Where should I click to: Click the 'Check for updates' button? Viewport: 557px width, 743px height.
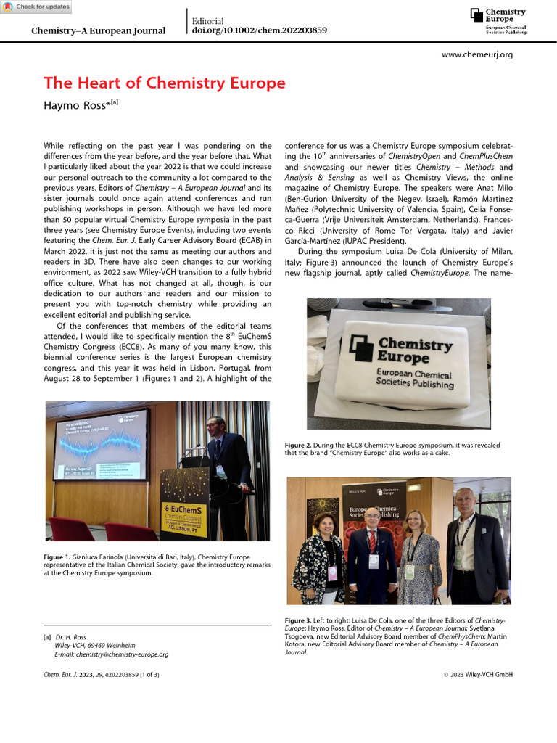(37, 7)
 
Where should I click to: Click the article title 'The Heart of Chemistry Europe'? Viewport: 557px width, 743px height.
(165, 83)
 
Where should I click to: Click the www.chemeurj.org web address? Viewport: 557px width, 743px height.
(476, 54)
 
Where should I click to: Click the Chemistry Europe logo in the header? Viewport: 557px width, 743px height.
(498, 21)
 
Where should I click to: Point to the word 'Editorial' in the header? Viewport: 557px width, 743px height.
(207, 21)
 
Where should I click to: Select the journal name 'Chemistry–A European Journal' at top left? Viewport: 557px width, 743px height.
(98, 31)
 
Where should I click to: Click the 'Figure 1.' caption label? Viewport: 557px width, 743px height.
(58, 557)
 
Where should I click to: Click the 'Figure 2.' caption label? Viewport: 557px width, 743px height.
(301, 445)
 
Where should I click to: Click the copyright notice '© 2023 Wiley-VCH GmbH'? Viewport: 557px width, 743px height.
(478, 674)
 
